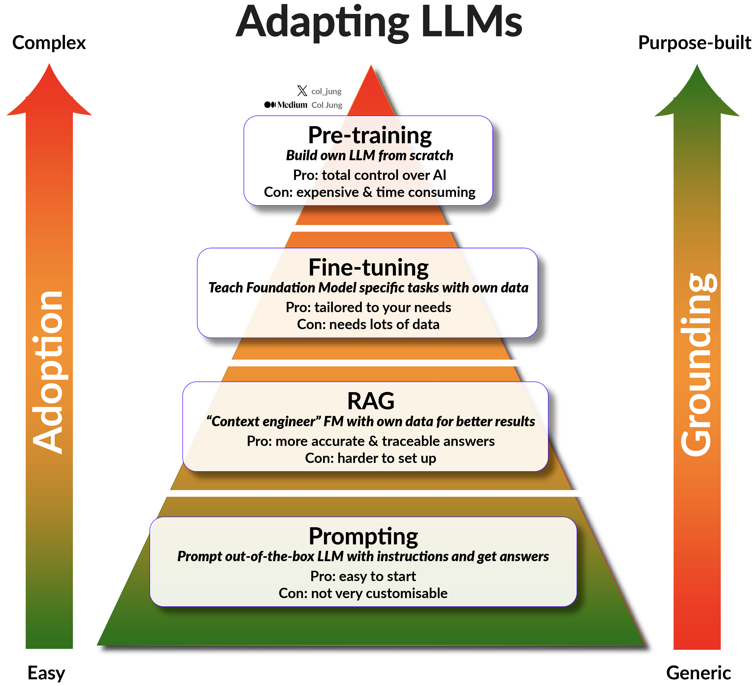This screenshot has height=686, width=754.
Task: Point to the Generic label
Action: tap(698, 673)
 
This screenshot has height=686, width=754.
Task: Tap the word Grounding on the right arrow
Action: tap(698, 365)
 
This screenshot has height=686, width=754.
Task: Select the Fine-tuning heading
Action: tap(369, 268)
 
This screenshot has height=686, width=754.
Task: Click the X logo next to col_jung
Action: tap(302, 91)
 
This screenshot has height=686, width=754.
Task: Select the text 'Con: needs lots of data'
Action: tap(368, 324)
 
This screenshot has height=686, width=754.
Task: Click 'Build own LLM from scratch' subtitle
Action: tap(370, 155)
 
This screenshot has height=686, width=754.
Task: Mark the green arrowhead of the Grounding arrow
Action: tap(697, 92)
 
